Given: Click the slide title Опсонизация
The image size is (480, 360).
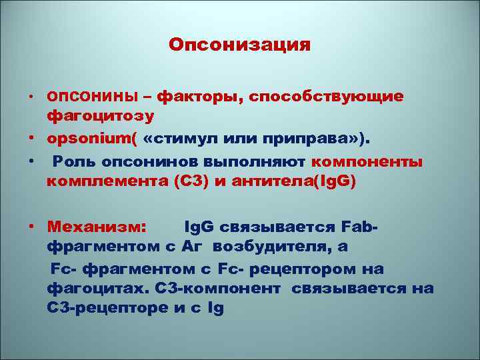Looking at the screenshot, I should [x=239, y=45].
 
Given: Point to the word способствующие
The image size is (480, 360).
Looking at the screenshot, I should [x=326, y=97].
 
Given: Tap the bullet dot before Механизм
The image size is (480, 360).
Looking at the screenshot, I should [x=31, y=227].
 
